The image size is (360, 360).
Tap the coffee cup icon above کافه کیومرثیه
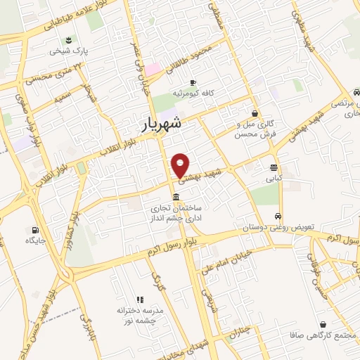(x=193, y=82)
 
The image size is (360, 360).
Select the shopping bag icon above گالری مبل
(x=255, y=113)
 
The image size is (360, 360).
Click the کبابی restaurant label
(x=274, y=179)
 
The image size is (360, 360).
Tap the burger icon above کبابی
(x=274, y=167)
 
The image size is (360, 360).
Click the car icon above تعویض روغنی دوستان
(x=279, y=216)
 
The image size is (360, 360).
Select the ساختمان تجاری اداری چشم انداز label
(x=174, y=213)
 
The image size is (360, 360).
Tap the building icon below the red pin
(x=175, y=197)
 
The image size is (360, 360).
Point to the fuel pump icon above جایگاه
(x=34, y=230)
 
